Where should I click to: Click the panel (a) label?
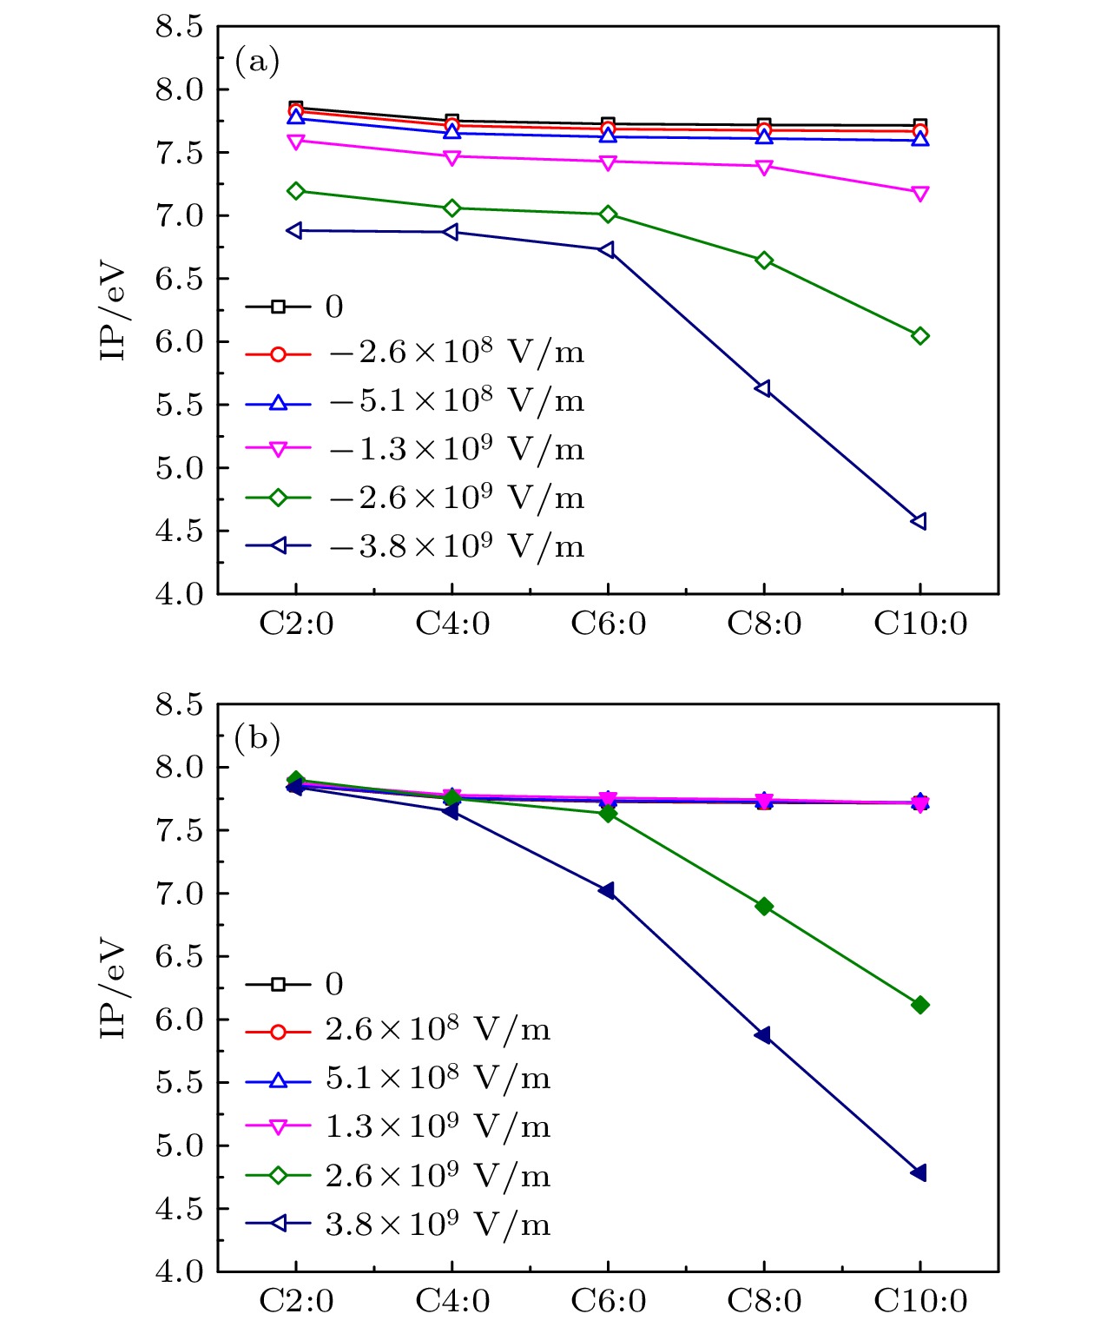point(257,62)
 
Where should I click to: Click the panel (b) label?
point(257,738)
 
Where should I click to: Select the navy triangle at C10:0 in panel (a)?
point(919,521)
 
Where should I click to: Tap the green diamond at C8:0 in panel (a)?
point(764,261)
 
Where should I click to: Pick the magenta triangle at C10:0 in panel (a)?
point(920,194)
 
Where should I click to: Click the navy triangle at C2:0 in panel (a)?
point(295,231)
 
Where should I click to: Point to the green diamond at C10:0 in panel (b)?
point(920,1005)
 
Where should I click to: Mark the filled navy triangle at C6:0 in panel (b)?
point(607,891)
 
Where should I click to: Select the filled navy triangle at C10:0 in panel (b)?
point(919,1172)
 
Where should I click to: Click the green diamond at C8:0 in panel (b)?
point(764,907)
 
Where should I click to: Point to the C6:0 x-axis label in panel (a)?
point(608,624)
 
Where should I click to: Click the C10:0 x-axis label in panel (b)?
point(920,1301)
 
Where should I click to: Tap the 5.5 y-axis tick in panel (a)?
point(179,405)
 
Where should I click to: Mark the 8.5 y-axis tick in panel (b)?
point(179,704)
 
